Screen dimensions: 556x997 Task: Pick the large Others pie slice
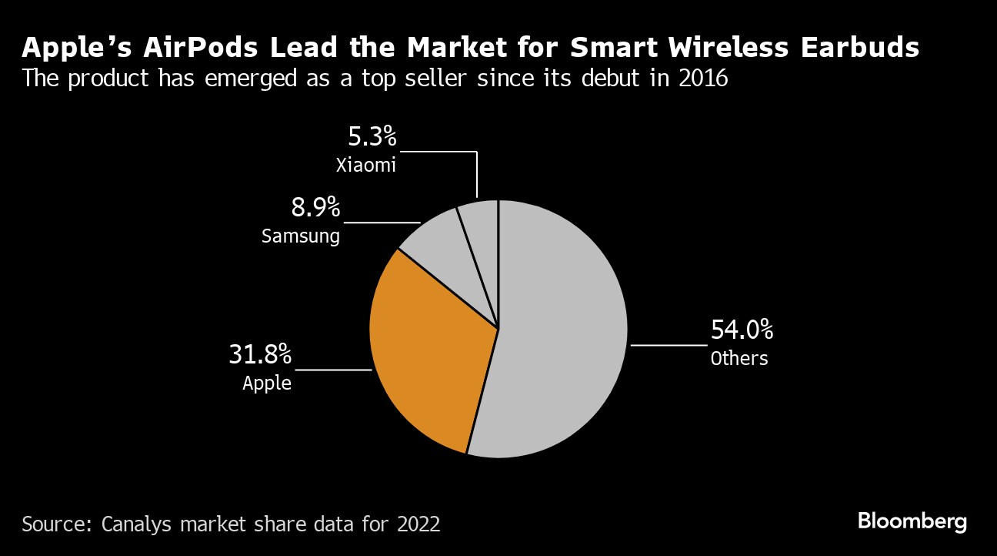562,331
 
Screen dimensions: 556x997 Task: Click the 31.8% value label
260,355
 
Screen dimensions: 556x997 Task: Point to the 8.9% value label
315,207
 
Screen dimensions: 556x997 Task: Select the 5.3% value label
372,138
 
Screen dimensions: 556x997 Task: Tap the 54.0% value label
742,330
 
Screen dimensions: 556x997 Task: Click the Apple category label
267,383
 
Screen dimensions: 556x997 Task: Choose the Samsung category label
301,236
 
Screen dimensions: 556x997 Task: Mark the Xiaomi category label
365,165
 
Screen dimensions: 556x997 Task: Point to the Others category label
739,358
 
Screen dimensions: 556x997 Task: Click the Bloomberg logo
912,521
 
